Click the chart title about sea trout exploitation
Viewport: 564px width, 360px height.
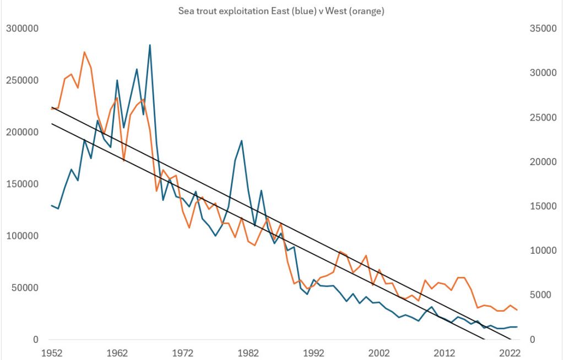click(x=281, y=11)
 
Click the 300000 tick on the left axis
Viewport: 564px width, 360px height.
click(x=22, y=29)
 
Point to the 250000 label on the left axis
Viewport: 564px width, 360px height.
click(x=22, y=80)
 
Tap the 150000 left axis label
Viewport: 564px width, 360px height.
click(x=22, y=184)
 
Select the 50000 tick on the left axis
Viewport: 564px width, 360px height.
click(x=24, y=288)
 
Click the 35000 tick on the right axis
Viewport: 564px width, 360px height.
click(x=541, y=29)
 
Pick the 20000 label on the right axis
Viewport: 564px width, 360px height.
click(x=541, y=162)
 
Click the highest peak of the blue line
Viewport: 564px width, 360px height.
click(x=150, y=45)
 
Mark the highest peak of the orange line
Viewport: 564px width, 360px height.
click(x=84, y=52)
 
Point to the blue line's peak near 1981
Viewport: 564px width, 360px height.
click(x=241, y=141)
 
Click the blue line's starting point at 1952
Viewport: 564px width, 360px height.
click(x=52, y=205)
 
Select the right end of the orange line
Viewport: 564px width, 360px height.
click(x=517, y=310)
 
